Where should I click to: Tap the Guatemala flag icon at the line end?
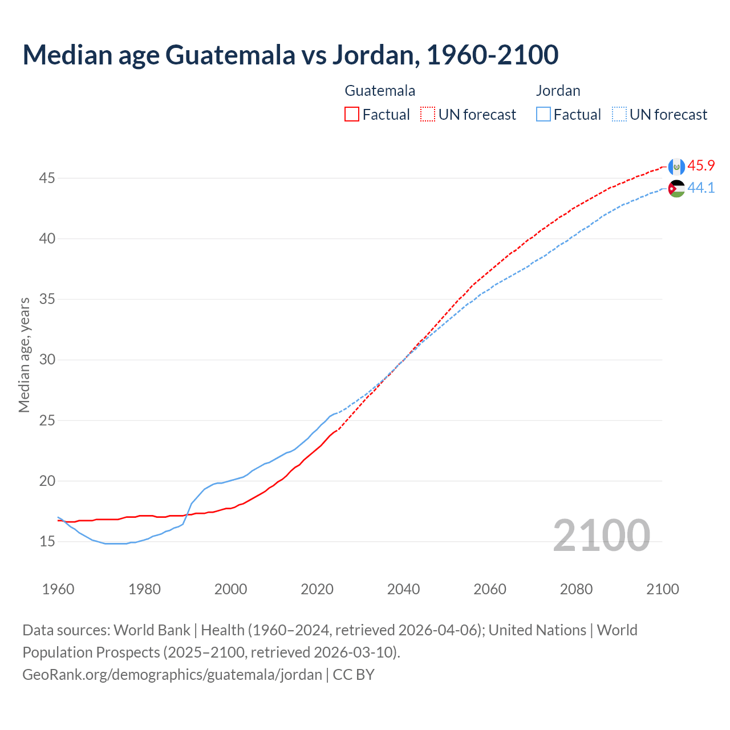point(676,166)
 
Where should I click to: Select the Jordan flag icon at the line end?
point(676,189)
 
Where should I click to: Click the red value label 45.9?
point(701,165)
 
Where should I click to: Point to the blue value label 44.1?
point(701,188)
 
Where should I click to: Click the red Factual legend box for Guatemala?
point(352,115)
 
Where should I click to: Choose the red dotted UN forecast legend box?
point(428,115)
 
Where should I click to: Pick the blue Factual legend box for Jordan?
point(544,115)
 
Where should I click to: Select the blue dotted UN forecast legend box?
point(619,115)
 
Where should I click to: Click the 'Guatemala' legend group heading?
point(380,91)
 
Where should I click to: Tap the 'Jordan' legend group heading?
point(558,91)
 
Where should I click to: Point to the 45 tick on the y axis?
point(47,179)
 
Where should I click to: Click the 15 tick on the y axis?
point(47,541)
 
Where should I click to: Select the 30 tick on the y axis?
point(47,360)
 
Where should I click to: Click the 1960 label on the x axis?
point(58,589)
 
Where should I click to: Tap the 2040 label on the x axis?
point(403,589)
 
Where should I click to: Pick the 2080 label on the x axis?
point(576,589)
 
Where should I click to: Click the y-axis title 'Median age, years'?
point(24,355)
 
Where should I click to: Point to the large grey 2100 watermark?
point(601,536)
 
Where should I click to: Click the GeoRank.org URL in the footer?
point(172,675)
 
